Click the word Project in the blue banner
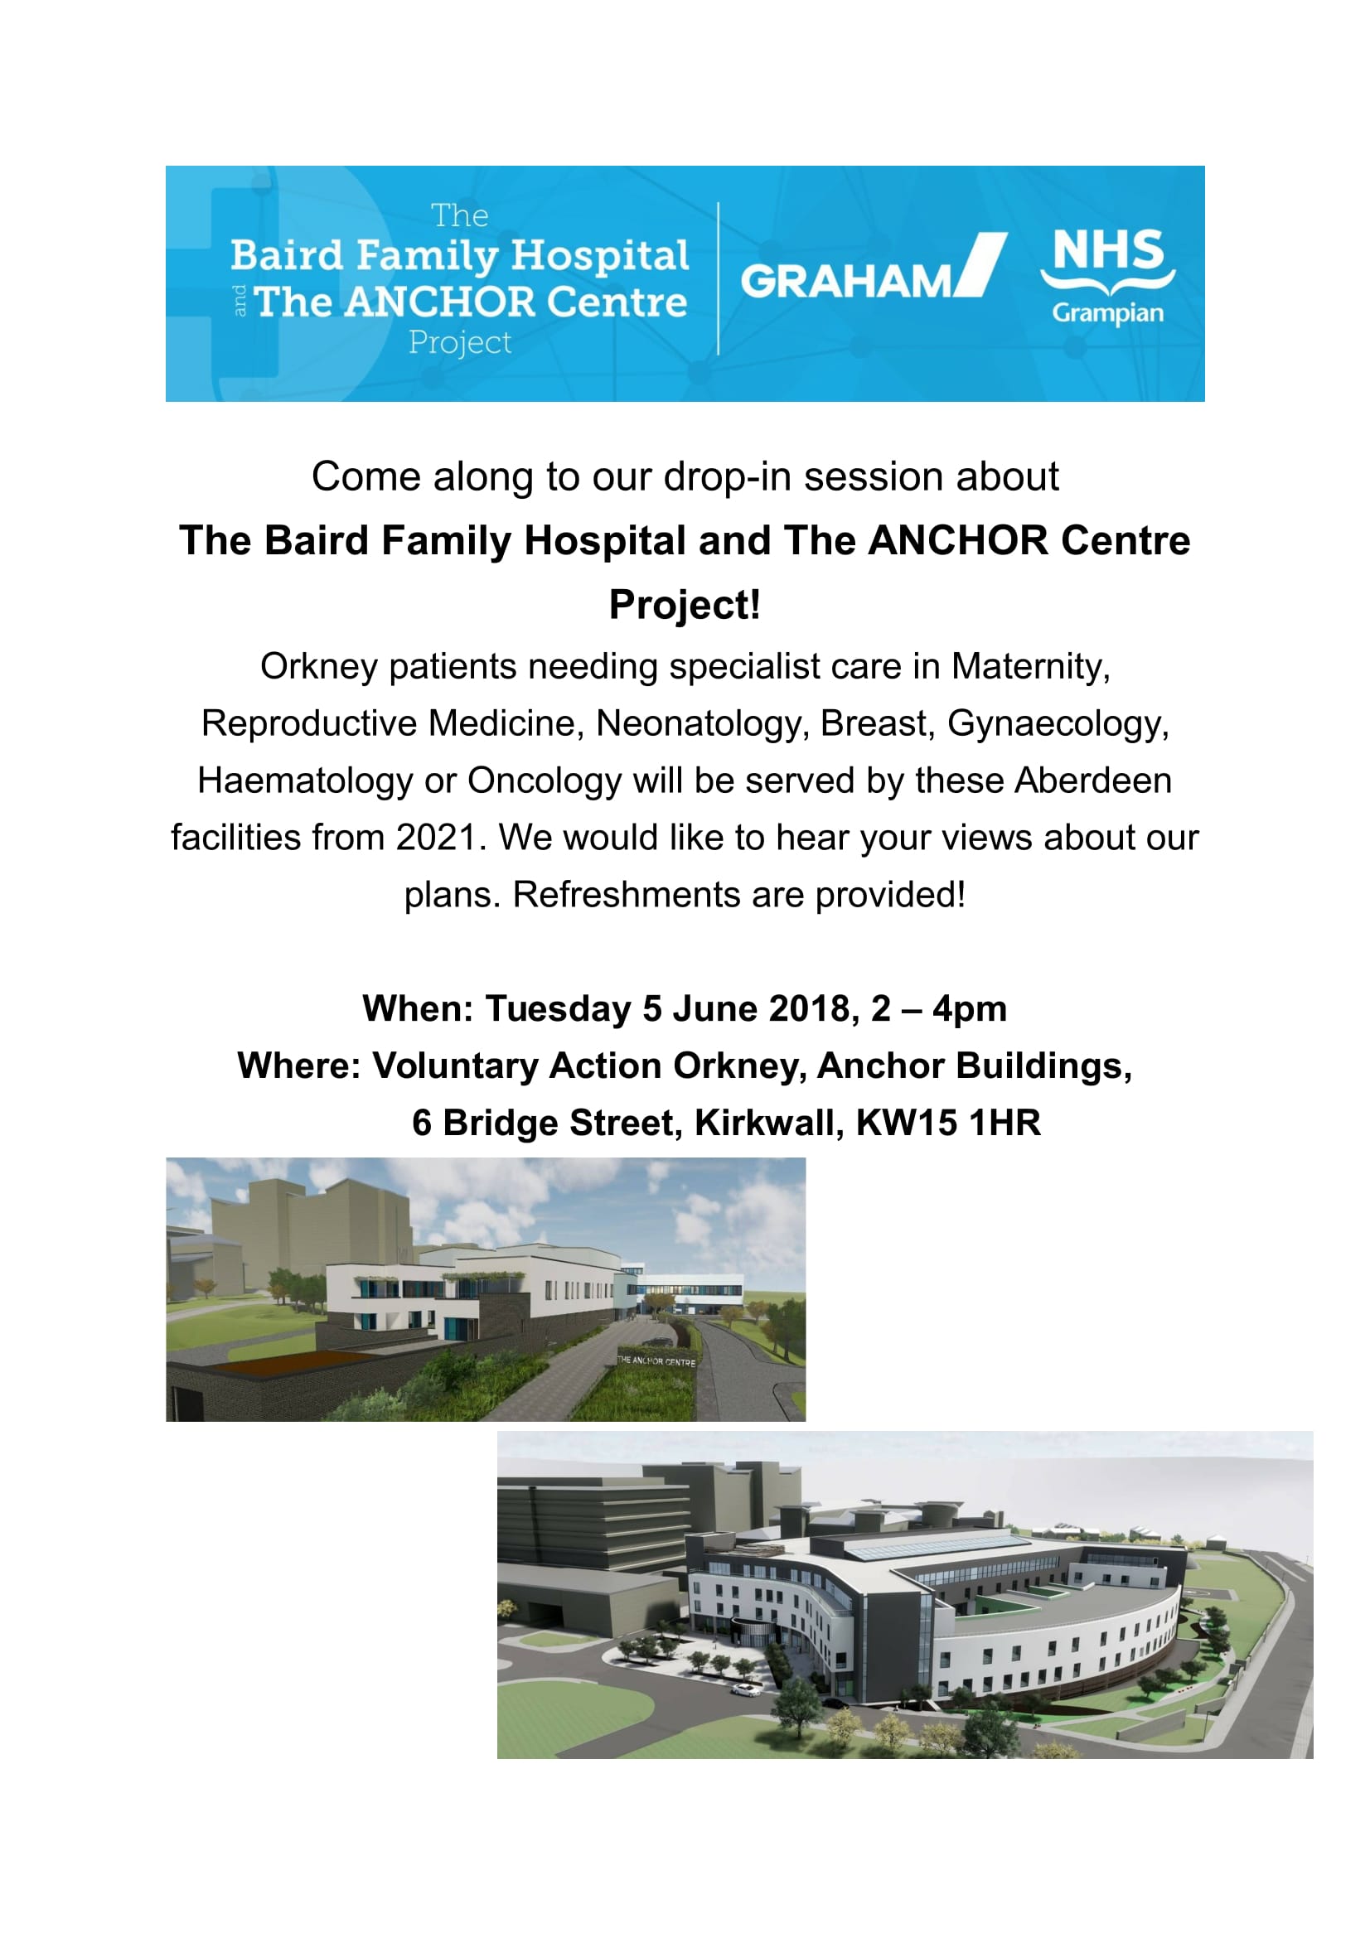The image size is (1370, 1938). click(x=460, y=343)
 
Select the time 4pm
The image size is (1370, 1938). click(x=969, y=1008)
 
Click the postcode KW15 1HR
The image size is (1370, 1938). click(x=948, y=1123)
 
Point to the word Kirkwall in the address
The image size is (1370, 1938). click(x=769, y=1123)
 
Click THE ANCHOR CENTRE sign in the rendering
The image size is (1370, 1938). click(x=656, y=1360)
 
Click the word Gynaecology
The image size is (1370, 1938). click(x=1058, y=723)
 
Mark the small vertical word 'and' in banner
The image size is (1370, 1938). click(x=240, y=301)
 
